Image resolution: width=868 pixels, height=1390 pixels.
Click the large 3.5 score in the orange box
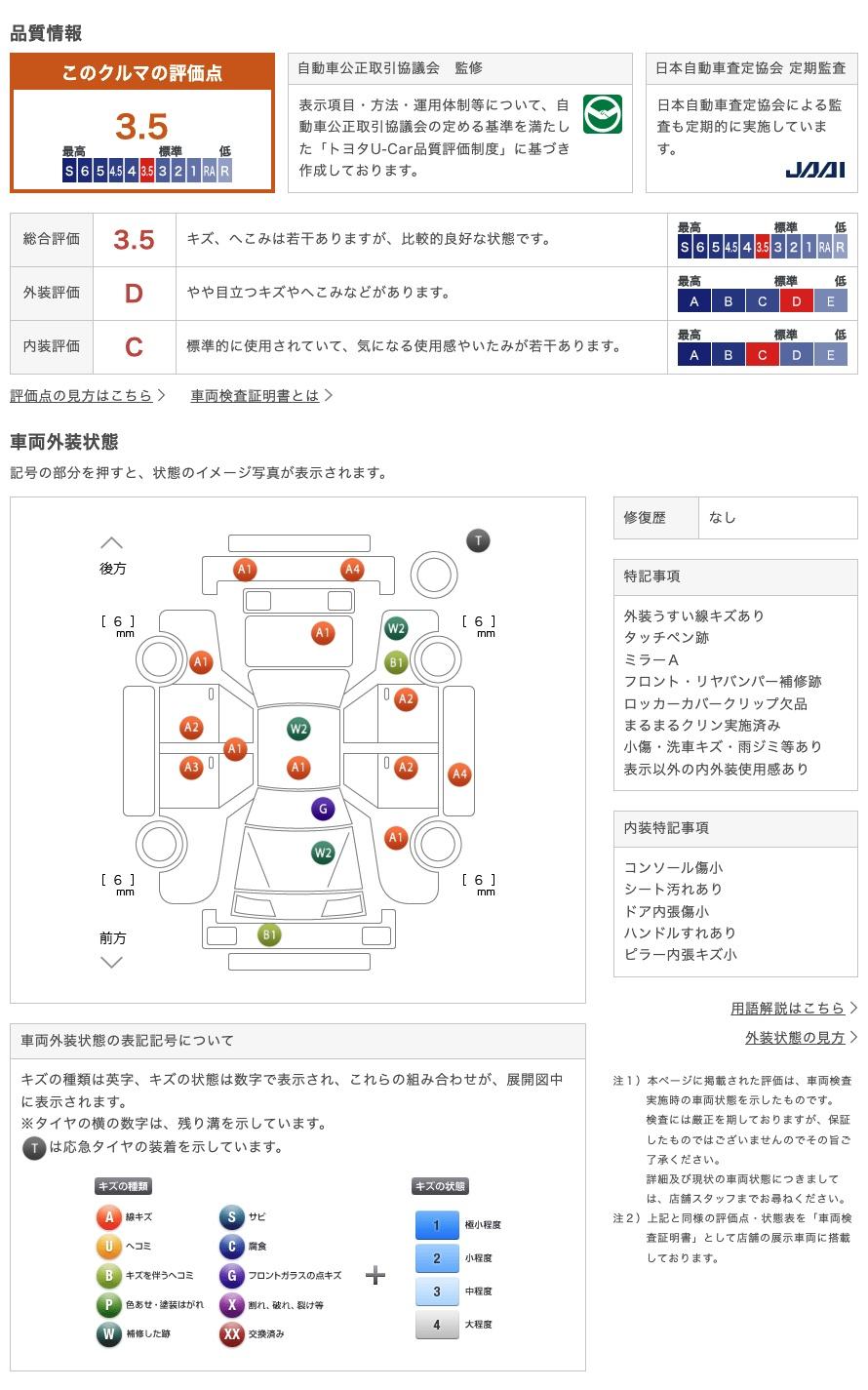click(141, 126)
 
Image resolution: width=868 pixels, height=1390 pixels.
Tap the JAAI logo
click(814, 170)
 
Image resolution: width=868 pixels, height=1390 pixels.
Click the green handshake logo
click(602, 114)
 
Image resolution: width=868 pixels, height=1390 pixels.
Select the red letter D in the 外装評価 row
click(134, 294)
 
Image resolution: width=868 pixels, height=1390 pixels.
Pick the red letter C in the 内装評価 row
click(134, 347)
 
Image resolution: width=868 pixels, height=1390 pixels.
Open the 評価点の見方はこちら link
click(81, 395)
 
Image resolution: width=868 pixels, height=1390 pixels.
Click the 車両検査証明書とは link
click(255, 395)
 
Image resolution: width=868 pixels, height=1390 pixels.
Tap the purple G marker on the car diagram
click(323, 809)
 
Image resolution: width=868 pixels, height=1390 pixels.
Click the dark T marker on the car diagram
click(478, 540)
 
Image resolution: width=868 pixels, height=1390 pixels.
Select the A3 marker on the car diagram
click(191, 767)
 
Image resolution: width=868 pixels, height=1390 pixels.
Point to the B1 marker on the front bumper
click(268, 934)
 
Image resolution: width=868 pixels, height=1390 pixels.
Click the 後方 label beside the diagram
click(112, 569)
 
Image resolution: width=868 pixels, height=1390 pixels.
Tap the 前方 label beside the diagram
click(112, 937)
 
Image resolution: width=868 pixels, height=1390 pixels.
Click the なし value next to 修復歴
click(723, 518)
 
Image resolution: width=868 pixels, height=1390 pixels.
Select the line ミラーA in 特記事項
click(651, 659)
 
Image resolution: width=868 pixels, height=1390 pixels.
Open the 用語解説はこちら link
click(787, 1009)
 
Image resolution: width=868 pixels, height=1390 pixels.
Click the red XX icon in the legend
click(231, 1334)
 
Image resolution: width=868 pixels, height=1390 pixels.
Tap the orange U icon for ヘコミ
click(108, 1246)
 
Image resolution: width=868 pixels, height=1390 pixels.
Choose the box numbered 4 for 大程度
click(437, 1325)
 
